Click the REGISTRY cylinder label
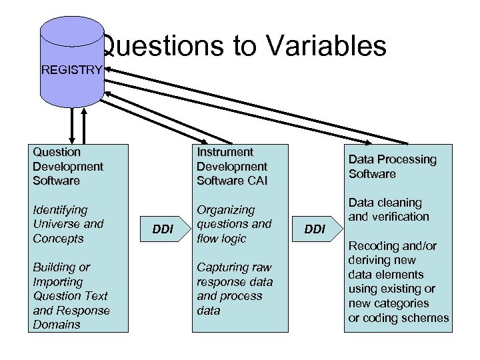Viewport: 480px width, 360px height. (x=72, y=69)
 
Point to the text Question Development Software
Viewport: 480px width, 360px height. (x=67, y=166)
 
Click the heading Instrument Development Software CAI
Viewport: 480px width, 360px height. (x=231, y=166)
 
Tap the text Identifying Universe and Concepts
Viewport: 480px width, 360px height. (x=67, y=224)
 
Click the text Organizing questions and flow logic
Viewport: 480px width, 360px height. (x=234, y=224)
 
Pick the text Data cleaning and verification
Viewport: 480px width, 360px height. (x=389, y=209)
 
